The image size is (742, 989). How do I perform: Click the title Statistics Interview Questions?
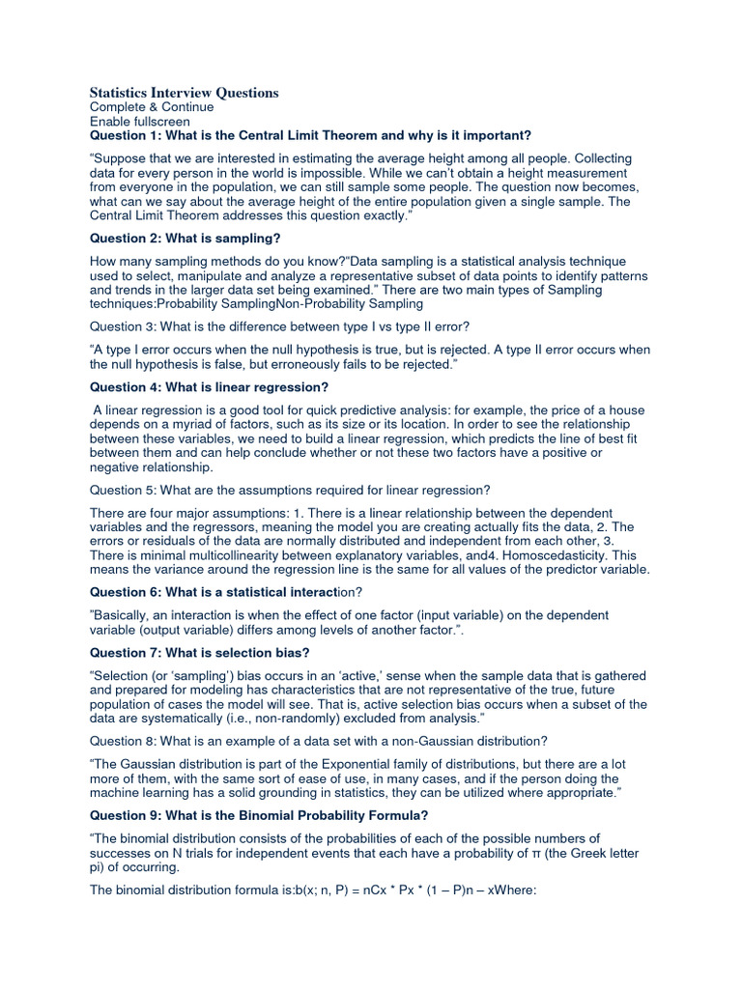tap(184, 93)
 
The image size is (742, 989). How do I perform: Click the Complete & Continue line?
tap(152, 107)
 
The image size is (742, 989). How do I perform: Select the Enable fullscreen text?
tap(140, 122)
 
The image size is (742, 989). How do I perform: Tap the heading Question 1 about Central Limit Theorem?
tap(310, 135)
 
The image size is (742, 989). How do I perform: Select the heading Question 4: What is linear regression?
tap(209, 387)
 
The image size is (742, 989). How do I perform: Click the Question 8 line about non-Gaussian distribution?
tap(319, 741)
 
